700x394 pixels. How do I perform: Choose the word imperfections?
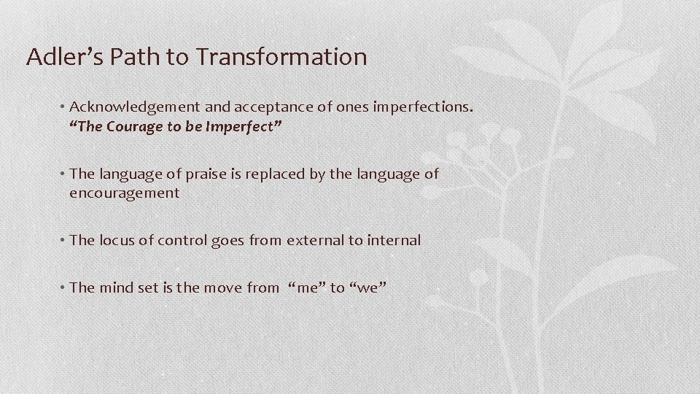(x=423, y=107)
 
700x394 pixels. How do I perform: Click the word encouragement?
(x=124, y=193)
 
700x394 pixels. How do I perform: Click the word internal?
(x=392, y=240)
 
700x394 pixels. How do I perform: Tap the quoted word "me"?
(x=308, y=287)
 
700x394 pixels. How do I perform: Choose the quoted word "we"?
(x=367, y=287)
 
